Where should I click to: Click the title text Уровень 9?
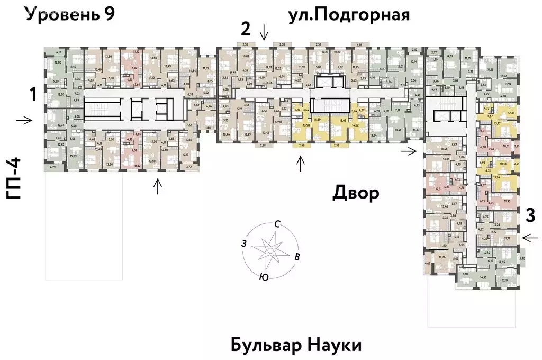coord(70,14)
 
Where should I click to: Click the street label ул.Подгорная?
coord(349,14)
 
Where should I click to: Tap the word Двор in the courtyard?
coord(356,193)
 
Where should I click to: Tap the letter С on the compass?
coord(276,224)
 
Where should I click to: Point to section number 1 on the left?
coord(33,95)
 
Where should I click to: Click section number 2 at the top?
coord(245,28)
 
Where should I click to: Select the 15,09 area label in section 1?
coord(73,156)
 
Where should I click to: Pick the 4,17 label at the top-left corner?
coord(59,51)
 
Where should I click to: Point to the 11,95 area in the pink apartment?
coord(508,202)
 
